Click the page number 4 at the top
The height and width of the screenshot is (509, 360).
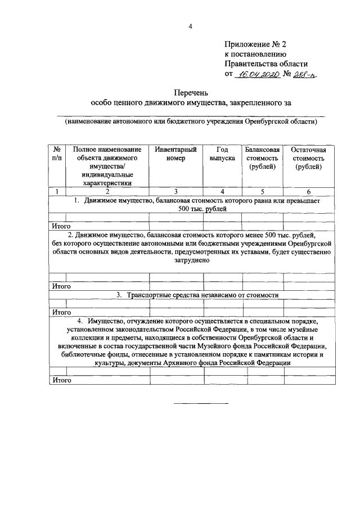click(x=190, y=26)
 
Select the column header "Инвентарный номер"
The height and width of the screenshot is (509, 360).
click(x=175, y=154)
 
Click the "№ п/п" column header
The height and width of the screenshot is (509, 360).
click(x=57, y=154)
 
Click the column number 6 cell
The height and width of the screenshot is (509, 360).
click(x=308, y=192)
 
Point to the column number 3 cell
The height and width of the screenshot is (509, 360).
click(x=175, y=192)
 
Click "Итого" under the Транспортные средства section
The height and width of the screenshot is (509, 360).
click(x=61, y=312)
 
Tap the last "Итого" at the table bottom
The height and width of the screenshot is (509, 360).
click(x=61, y=380)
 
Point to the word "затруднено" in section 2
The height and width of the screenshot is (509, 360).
click(x=192, y=262)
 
